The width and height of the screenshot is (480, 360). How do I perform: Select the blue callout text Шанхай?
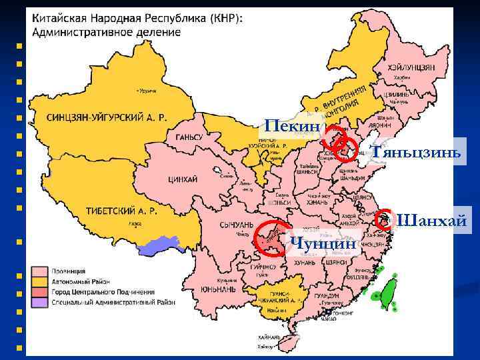431,221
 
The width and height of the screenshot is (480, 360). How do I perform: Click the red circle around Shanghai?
384,219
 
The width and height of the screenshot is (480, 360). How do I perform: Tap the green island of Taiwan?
387,294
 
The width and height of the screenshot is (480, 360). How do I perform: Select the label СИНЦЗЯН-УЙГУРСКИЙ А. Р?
107,118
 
